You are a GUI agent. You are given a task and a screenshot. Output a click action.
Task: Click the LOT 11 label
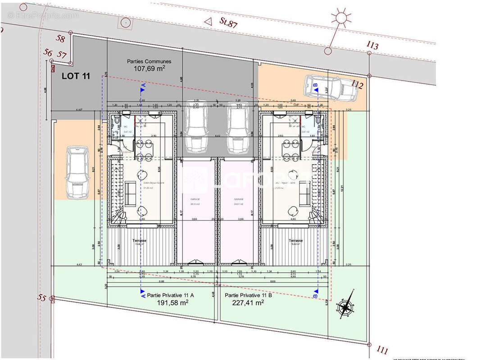pos(76,76)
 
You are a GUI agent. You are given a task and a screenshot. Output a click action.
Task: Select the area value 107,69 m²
pos(150,69)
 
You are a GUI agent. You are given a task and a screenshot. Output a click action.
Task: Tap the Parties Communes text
pos(149,61)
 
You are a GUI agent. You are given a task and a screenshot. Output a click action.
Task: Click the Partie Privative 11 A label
pos(164,295)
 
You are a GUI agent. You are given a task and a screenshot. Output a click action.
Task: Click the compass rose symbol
pos(345,307)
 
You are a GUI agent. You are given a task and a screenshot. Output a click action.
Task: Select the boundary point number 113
pos(372,45)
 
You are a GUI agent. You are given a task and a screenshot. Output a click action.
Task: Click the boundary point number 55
pos(42,297)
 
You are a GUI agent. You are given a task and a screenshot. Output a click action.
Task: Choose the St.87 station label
pos(228,24)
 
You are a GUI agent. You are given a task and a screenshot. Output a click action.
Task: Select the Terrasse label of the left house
pos(140,241)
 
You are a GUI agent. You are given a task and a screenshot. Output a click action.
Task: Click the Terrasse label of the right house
pos(295,241)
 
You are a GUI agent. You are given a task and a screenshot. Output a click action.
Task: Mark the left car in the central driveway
pos(196,127)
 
